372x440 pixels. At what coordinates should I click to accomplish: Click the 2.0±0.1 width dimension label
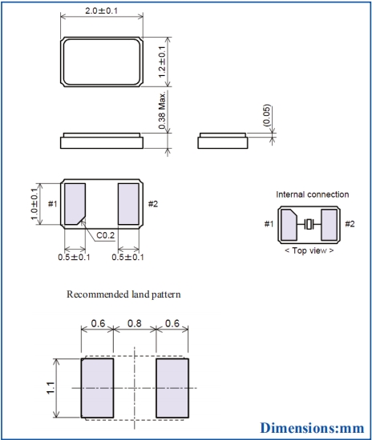(x=101, y=11)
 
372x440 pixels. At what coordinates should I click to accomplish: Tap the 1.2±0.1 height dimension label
(x=162, y=62)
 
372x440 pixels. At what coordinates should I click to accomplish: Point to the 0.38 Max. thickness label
(x=162, y=110)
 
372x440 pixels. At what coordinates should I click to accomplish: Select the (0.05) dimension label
(x=266, y=115)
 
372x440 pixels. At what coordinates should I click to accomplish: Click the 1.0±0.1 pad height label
(x=34, y=204)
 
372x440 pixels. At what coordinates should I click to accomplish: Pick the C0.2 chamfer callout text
(x=106, y=235)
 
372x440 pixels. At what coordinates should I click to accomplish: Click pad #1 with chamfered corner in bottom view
(x=75, y=204)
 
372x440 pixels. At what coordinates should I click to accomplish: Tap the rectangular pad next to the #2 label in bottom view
(x=128, y=204)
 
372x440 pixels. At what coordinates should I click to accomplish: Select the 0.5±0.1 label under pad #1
(x=74, y=257)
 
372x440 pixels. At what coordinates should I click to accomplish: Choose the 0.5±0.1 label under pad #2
(x=127, y=257)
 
